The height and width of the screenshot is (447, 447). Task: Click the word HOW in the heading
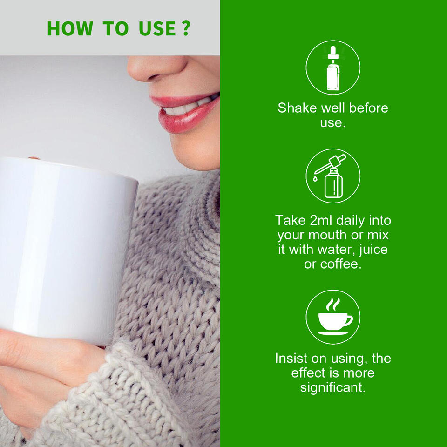[x=70, y=28]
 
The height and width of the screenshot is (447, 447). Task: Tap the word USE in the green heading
[x=157, y=28]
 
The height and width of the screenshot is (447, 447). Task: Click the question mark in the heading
[x=186, y=28]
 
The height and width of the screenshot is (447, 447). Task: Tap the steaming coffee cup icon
[x=333, y=317]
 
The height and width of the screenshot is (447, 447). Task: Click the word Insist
[x=291, y=359]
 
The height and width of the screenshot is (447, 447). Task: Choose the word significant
[x=333, y=388]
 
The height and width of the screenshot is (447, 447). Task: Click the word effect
[x=308, y=373]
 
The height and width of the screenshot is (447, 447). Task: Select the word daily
[x=350, y=221]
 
